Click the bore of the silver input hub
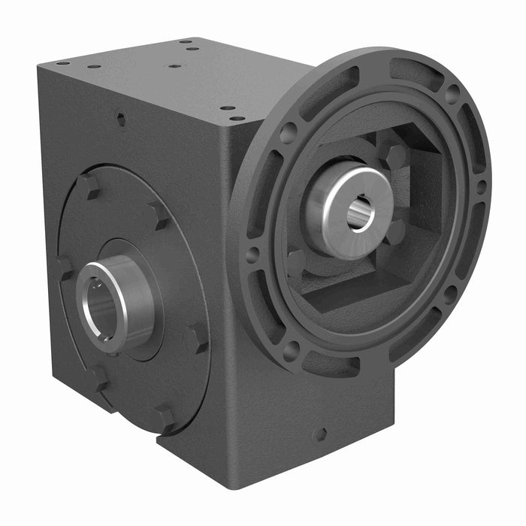click(x=359, y=211)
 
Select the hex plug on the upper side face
click(x=120, y=117)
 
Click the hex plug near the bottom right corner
click(x=320, y=434)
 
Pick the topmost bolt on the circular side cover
click(x=88, y=186)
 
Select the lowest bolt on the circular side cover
click(x=162, y=417)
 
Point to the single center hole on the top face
click(x=174, y=66)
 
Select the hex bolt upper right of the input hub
click(x=396, y=157)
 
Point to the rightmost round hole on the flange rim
click(x=481, y=187)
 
